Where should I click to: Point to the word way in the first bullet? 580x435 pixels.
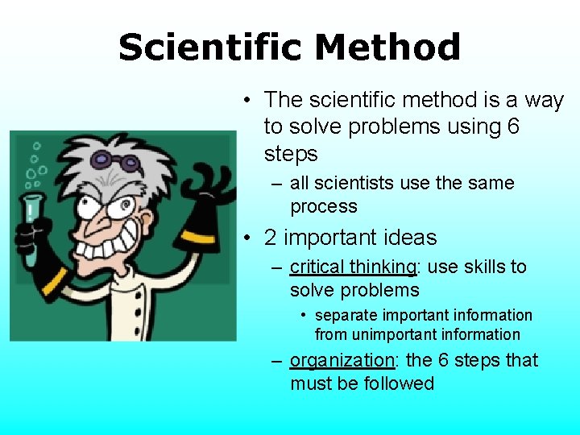click(x=545, y=100)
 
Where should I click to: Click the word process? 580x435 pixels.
click(x=323, y=206)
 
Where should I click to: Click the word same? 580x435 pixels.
click(x=491, y=183)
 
